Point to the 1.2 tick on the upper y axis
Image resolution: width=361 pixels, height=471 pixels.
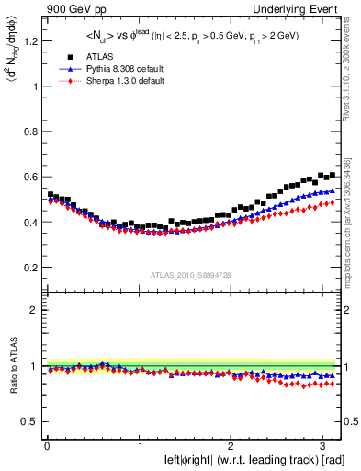pos(28,41)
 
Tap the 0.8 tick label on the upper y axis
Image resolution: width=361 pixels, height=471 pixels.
pos(28,132)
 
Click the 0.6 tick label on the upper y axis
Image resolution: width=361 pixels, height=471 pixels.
pos(28,177)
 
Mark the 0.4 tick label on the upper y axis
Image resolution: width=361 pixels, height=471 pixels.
pos(28,222)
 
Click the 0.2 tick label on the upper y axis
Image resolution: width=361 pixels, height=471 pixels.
pos(28,267)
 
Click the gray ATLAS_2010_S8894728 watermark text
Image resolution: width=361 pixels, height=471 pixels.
pos(192,275)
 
